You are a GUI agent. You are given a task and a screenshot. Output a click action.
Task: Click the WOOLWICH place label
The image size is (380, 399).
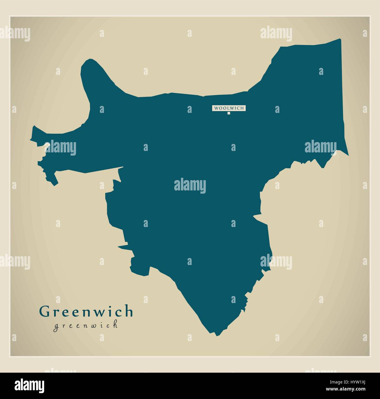229,108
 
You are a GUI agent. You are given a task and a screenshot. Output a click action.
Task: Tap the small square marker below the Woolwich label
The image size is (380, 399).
229,113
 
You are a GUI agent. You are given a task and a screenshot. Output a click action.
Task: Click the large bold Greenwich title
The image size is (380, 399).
86,312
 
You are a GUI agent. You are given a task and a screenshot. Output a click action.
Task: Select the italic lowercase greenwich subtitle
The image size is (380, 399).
85,325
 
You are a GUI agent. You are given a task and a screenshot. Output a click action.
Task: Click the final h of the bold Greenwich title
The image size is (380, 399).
129,311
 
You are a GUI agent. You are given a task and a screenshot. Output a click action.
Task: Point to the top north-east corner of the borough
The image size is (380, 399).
340,39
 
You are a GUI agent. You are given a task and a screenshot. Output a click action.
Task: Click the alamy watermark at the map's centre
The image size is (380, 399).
190,186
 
